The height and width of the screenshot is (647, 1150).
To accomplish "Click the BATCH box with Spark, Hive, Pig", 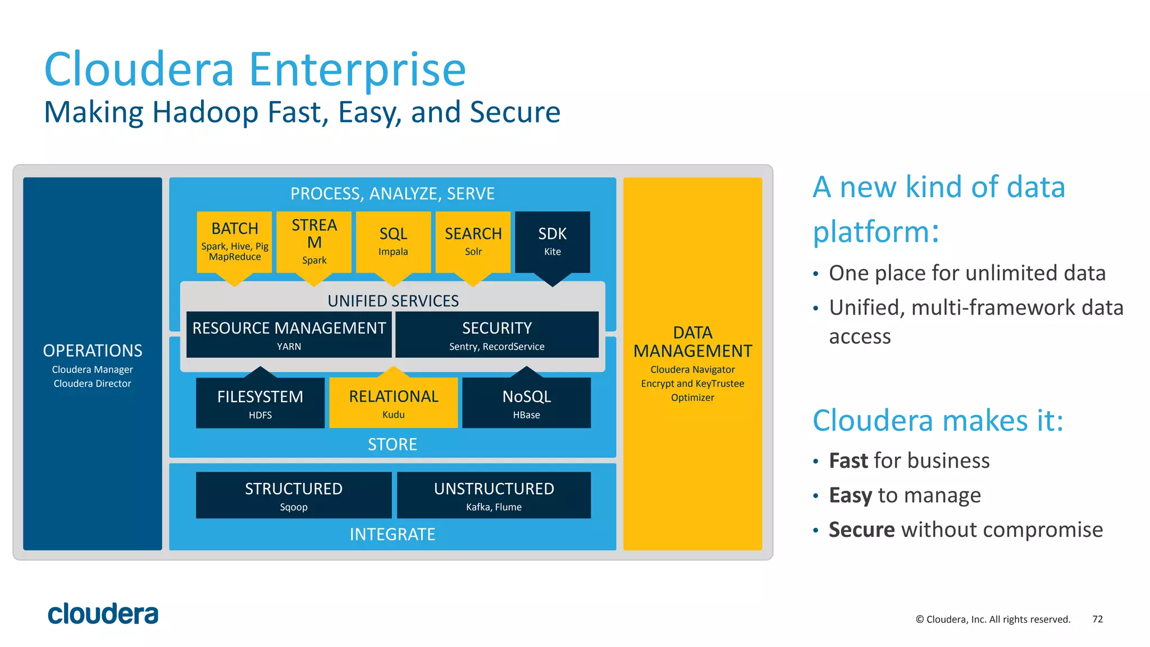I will coord(235,242).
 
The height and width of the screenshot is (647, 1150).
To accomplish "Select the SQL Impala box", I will coord(393,242).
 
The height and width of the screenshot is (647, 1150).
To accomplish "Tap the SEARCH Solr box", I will coord(473,242).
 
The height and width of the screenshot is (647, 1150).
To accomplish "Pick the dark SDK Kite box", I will coord(552,242).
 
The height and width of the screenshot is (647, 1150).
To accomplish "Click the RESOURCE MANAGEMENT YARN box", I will coord(289,335).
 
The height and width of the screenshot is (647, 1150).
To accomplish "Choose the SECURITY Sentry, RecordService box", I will coord(496,335).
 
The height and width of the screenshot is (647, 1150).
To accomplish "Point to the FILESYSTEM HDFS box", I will coord(260,403).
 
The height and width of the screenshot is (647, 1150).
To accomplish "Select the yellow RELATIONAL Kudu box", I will coord(393,403).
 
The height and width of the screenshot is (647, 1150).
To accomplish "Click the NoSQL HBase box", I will coord(526,403).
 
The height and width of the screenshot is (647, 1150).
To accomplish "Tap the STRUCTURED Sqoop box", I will coord(293,495).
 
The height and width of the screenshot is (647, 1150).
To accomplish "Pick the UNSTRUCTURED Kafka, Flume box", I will coord(494,495).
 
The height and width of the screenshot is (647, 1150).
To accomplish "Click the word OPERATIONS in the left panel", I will coord(93,350).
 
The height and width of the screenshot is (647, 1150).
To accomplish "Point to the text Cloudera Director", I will coord(93,384).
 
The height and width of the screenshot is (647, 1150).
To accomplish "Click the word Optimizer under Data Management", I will coord(692,398).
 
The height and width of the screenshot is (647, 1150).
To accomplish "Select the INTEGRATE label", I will coord(393,534).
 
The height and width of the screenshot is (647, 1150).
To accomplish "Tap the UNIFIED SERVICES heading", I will coord(393,301).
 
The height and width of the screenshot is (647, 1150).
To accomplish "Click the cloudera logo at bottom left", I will coord(103,614).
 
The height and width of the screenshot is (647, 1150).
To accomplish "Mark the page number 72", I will coord(1097,619).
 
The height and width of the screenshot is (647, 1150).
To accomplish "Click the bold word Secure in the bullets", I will coord(861,530).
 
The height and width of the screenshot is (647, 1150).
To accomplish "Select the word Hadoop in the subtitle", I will coord(205,112).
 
